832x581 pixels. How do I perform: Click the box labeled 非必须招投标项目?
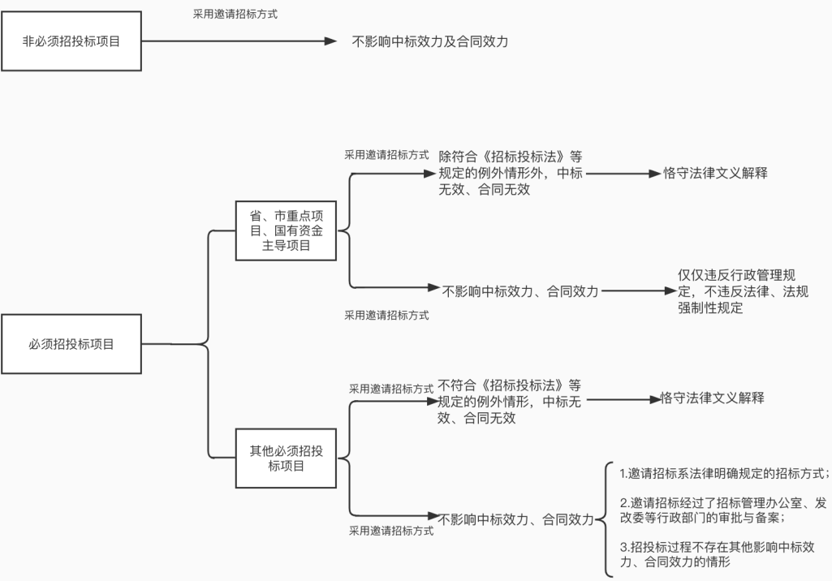pyautogui.click(x=71, y=41)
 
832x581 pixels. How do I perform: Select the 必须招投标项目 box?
pyautogui.click(x=71, y=344)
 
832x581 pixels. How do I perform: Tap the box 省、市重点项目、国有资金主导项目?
pyautogui.click(x=286, y=230)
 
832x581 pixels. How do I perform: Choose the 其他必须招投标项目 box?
pyautogui.click(x=286, y=458)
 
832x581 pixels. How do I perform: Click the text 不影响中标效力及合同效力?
pyautogui.click(x=429, y=41)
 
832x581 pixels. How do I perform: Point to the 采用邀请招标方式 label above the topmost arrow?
pyautogui.click(x=235, y=14)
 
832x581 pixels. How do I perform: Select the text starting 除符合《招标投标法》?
pyautogui.click(x=510, y=173)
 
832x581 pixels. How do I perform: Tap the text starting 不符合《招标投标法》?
pyautogui.click(x=510, y=401)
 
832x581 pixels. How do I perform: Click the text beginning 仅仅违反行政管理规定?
pyautogui.click(x=743, y=291)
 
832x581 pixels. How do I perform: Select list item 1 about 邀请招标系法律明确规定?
pyautogui.click(x=719, y=473)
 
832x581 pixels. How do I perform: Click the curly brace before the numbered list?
pyautogui.click(x=601, y=518)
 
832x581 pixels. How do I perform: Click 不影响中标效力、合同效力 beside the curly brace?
pyautogui.click(x=516, y=519)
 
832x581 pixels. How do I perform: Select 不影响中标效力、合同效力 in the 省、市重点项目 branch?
pyautogui.click(x=520, y=290)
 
